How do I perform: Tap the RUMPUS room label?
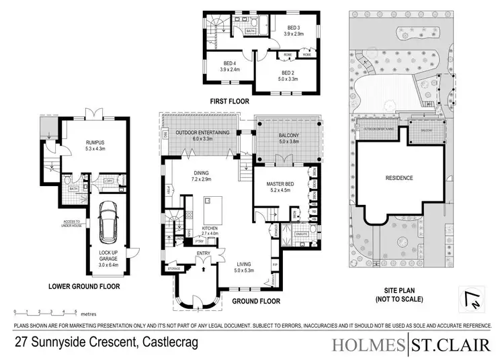pyautogui.click(x=96, y=141)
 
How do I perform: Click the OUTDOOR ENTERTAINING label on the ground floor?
pyautogui.click(x=203, y=133)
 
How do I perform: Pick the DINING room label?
pyautogui.click(x=202, y=177)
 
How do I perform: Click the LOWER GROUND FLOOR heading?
pyautogui.click(x=85, y=286)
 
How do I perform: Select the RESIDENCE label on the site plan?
pyautogui.click(x=398, y=178)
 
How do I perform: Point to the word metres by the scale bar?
pyautogui.click(x=89, y=314)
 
